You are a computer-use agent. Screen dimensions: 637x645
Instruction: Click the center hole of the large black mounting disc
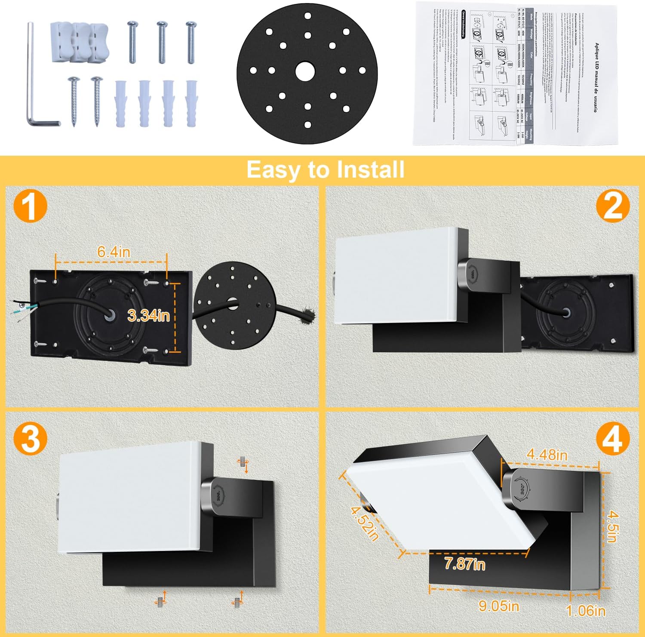tap(307, 70)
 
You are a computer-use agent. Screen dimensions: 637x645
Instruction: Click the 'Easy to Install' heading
tap(325, 169)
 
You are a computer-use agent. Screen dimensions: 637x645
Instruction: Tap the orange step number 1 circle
tap(30, 207)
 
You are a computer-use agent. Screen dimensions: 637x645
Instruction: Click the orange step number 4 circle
tap(613, 440)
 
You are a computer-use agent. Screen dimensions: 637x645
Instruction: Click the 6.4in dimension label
tap(114, 252)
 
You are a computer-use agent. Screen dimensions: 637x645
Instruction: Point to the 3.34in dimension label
tap(149, 315)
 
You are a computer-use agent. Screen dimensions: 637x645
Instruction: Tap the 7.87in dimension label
tap(464, 563)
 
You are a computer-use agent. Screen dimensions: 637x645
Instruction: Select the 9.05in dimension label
tap(499, 606)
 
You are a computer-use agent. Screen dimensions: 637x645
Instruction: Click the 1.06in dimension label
tap(586, 610)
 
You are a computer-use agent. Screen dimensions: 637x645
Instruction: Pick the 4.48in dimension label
tap(547, 455)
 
